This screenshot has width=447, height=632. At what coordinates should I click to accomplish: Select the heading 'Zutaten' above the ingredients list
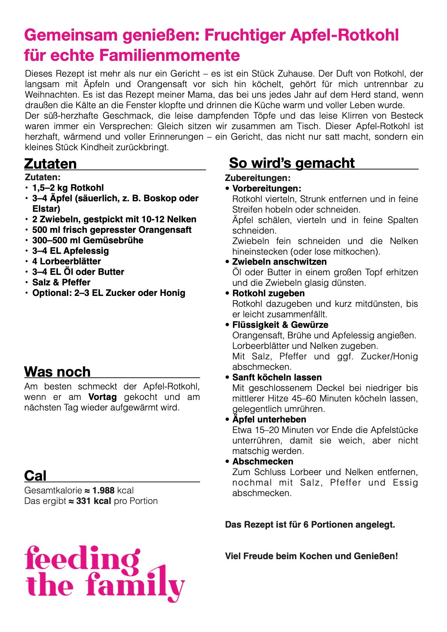click(50, 164)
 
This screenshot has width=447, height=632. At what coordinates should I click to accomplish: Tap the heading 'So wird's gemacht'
click(291, 163)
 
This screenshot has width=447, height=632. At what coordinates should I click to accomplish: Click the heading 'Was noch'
click(57, 372)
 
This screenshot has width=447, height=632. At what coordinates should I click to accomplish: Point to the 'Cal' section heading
click(35, 476)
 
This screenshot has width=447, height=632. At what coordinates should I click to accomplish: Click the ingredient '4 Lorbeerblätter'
click(66, 261)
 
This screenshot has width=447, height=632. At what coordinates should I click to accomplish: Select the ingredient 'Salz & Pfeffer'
click(61, 282)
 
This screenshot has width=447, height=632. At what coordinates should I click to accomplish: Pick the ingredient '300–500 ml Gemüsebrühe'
click(88, 240)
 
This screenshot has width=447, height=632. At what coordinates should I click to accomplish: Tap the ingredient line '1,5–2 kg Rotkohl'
click(68, 188)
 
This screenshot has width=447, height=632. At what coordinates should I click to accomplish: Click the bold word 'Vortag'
click(103, 397)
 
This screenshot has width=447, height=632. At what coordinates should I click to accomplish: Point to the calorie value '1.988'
click(103, 490)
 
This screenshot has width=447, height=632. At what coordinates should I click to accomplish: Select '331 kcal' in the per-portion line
click(94, 501)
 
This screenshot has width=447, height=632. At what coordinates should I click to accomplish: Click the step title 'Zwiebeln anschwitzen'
click(279, 262)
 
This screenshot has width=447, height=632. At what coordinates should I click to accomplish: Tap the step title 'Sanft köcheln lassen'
click(277, 377)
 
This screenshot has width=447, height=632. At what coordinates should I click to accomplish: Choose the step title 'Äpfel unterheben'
click(269, 419)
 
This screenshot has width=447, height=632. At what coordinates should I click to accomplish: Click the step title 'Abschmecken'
click(263, 462)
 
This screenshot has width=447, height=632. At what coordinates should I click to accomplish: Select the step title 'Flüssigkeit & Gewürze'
click(280, 325)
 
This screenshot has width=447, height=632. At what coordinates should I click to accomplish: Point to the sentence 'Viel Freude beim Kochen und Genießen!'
click(311, 556)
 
